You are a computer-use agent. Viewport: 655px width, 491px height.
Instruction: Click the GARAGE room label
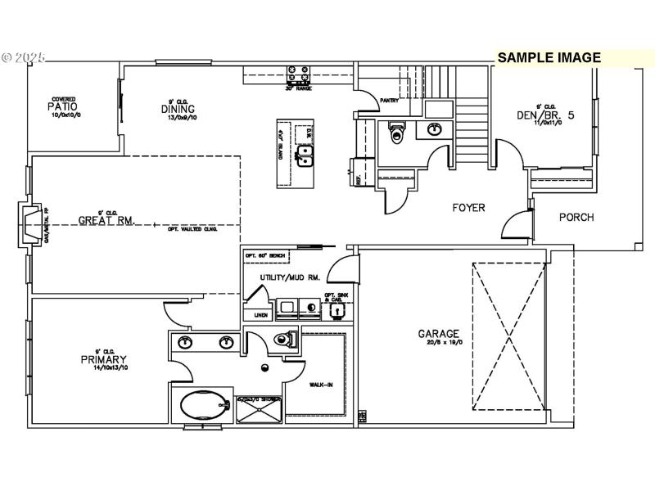[x=439, y=334]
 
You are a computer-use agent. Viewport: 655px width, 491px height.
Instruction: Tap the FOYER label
[x=468, y=208]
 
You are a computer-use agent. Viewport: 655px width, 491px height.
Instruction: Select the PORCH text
[x=576, y=217]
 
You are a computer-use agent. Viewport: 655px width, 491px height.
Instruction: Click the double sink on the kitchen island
[x=305, y=155]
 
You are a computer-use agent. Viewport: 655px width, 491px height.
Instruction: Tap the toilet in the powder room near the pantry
[x=398, y=133]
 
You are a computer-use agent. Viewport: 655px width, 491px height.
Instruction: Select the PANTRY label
[x=389, y=101]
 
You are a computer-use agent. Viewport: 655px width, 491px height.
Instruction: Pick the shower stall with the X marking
[x=259, y=409]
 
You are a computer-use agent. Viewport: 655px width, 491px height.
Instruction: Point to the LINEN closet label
[x=261, y=314]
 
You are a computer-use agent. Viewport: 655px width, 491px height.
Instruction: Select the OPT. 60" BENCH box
[x=266, y=256]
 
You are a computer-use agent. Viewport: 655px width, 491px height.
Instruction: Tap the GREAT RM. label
[x=106, y=220]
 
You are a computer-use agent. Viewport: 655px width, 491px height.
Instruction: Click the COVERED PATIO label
[x=63, y=106]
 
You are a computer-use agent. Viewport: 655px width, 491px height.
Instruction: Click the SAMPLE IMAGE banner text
[x=549, y=58]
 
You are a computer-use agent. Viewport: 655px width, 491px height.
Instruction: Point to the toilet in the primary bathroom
[x=284, y=340]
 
